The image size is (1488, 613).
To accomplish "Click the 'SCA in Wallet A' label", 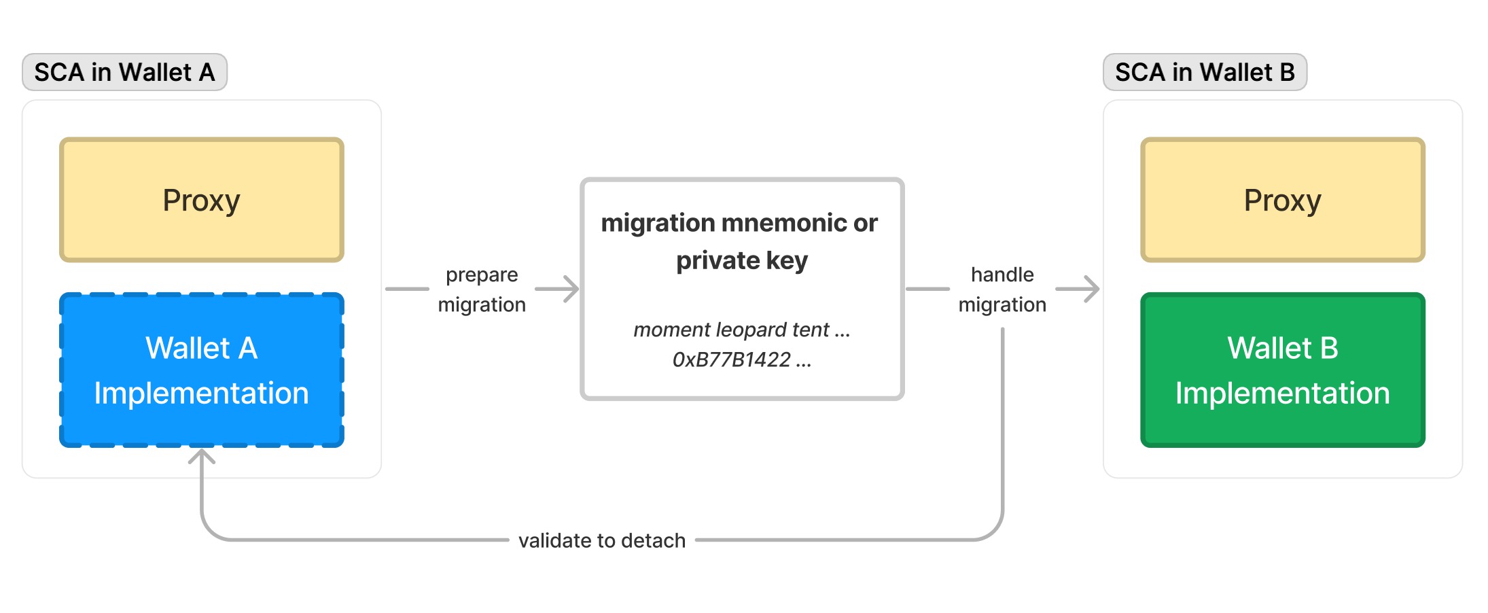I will pyautogui.click(x=124, y=72).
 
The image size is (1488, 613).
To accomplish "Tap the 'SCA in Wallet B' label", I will pyautogui.click(x=1205, y=72).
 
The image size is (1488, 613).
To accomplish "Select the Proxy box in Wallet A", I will pyautogui.click(x=202, y=200).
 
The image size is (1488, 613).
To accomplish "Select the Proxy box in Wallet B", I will pyautogui.click(x=1282, y=200).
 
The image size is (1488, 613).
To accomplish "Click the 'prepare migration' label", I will pyautogui.click(x=482, y=290).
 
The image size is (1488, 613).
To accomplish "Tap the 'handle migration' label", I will pyautogui.click(x=1002, y=290).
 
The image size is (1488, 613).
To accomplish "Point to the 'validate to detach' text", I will pyautogui.click(x=602, y=540).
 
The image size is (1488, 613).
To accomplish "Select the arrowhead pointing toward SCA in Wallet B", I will pyautogui.click(x=1092, y=289).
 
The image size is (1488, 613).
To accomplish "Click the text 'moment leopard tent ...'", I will pyautogui.click(x=741, y=330).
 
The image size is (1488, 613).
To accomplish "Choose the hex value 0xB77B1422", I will pyautogui.click(x=732, y=360).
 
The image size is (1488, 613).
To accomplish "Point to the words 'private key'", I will pyautogui.click(x=742, y=260).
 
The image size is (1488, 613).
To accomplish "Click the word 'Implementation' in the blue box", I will pyautogui.click(x=202, y=393).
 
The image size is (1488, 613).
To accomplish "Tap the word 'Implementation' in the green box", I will pyautogui.click(x=1282, y=393).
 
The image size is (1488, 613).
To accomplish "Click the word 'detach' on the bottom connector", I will pyautogui.click(x=653, y=540).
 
